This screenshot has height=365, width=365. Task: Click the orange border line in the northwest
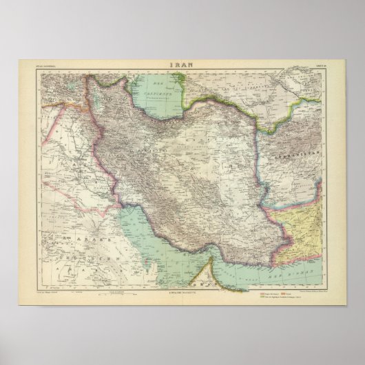[x=76, y=103]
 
